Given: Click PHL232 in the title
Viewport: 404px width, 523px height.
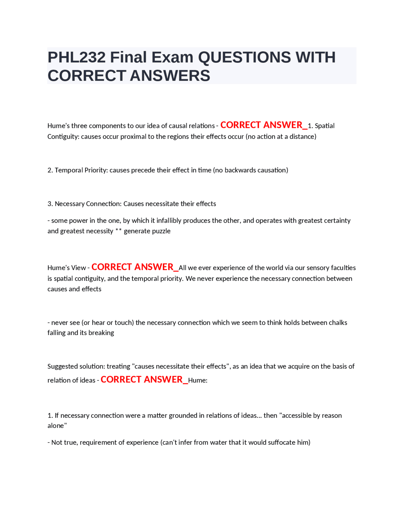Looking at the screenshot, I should pyautogui.click(x=76, y=57).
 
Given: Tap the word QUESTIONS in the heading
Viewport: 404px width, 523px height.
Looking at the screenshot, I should pyautogui.click(x=244, y=57).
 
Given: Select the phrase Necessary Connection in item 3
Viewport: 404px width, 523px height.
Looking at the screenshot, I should pyautogui.click(x=88, y=204).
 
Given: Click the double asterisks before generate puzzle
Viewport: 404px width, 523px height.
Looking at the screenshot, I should pyautogui.click(x=118, y=231).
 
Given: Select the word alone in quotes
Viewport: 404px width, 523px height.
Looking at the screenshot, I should pyautogui.click(x=57, y=426).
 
